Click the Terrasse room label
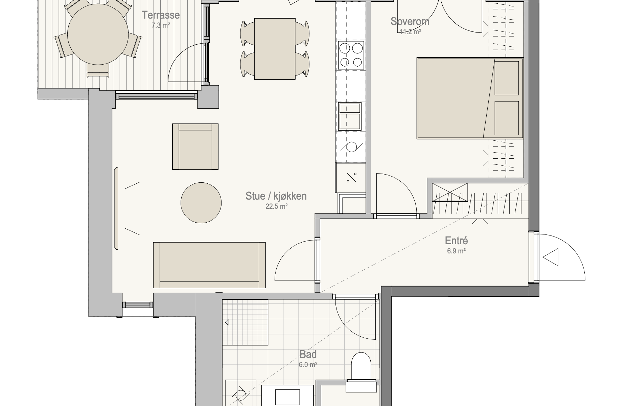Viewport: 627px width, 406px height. [x=161, y=15]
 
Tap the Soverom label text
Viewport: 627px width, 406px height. [x=410, y=21]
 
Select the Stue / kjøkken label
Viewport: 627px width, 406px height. [x=276, y=196]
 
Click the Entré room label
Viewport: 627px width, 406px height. [x=456, y=241]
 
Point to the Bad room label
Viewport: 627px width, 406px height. [x=308, y=354]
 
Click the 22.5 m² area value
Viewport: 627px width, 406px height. [x=276, y=206]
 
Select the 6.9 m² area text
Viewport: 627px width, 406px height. [x=456, y=251]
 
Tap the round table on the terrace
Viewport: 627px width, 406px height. [x=98, y=34]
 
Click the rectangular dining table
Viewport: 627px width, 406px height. [x=275, y=49]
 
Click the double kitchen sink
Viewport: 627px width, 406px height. [x=350, y=116]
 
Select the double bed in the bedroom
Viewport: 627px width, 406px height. [x=470, y=98]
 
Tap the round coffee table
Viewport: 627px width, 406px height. [x=201, y=203]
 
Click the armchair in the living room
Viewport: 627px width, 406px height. [x=195, y=146]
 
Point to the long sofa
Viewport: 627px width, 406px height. [x=209, y=265]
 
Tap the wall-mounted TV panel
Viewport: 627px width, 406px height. [x=116, y=208]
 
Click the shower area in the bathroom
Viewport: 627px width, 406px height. [x=245, y=322]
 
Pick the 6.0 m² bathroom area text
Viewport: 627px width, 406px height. [x=308, y=365]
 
